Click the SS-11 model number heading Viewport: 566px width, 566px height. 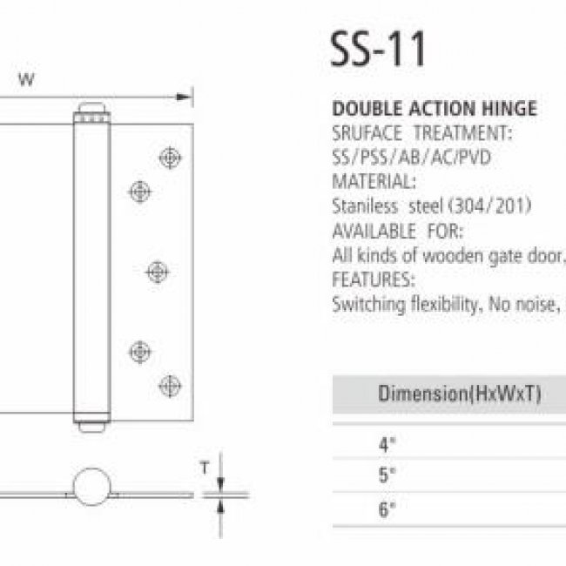click(x=378, y=49)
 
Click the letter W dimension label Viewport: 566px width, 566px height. click(x=27, y=79)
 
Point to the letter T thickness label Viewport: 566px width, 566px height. click(x=205, y=468)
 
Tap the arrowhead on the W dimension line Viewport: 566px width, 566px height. click(x=184, y=97)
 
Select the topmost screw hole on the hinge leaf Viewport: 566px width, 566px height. click(x=170, y=158)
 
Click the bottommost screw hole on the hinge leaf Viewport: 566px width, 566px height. click(x=170, y=386)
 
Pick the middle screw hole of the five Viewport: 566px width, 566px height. click(x=158, y=272)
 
